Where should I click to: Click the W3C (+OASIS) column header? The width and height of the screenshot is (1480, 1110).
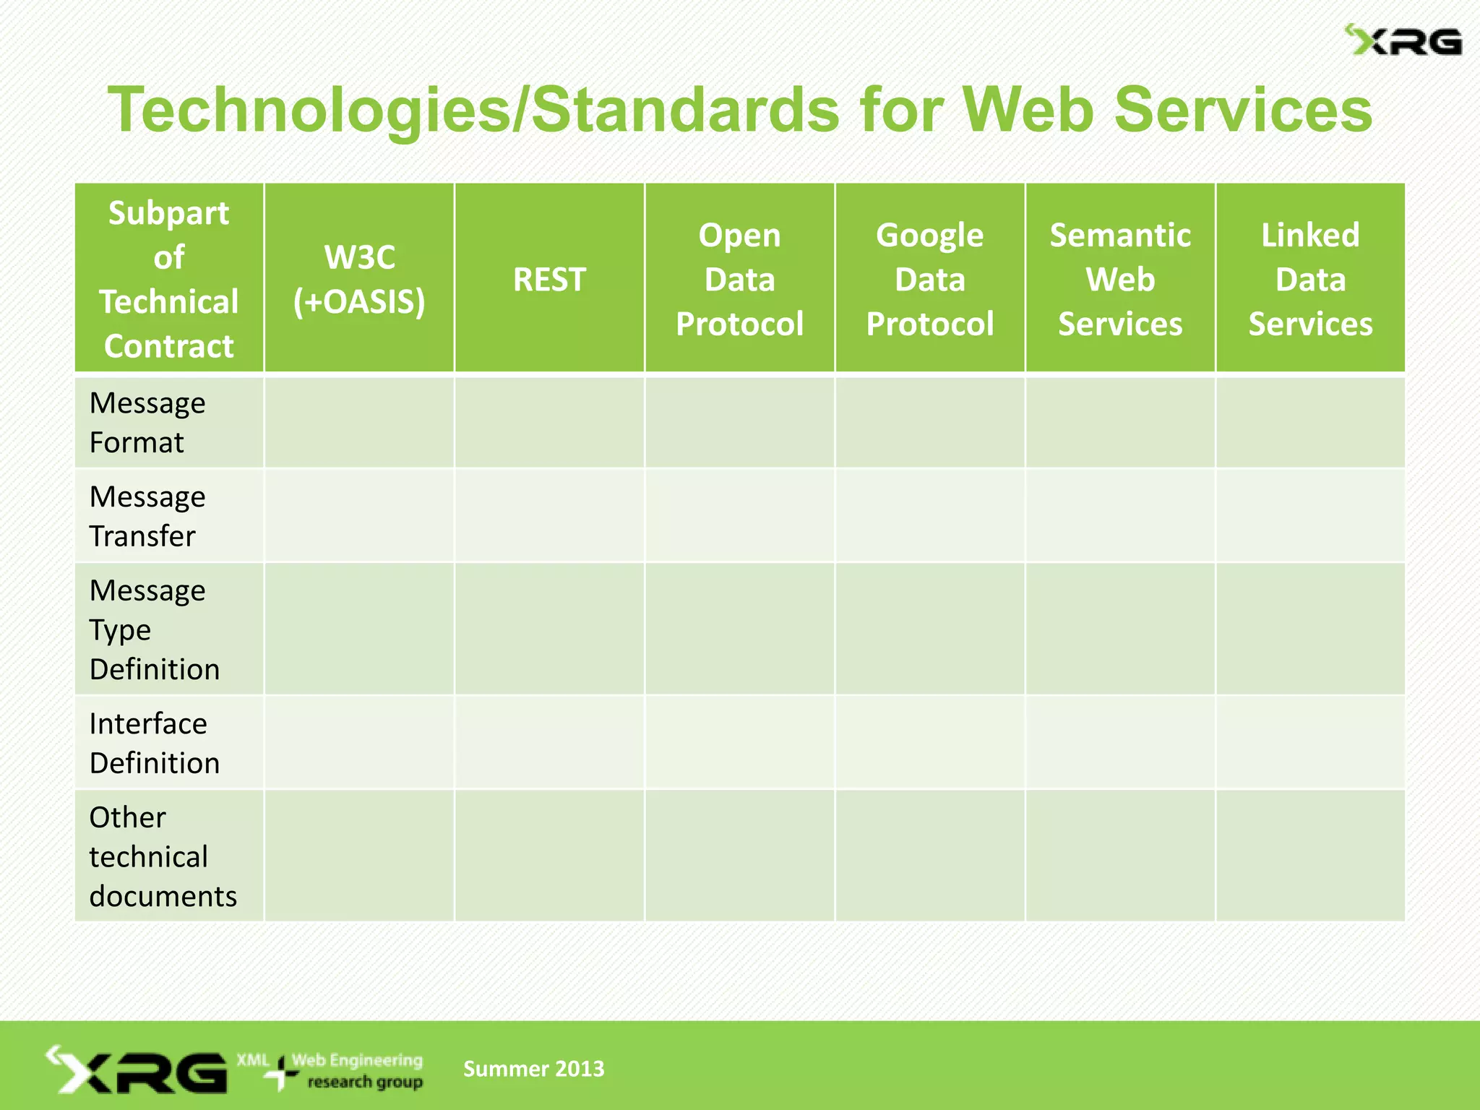(359, 279)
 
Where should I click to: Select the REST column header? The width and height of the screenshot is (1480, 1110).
(549, 279)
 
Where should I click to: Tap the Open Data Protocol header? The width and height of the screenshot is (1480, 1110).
(739, 279)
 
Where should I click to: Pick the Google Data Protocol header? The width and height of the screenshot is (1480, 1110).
(930, 279)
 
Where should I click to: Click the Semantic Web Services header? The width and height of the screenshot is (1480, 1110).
(1120, 279)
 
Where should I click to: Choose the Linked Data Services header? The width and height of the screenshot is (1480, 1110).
(1310, 279)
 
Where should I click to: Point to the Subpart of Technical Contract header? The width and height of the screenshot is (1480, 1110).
(169, 279)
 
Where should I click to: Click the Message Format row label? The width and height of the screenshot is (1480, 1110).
(147, 423)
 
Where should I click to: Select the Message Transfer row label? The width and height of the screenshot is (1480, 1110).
(147, 516)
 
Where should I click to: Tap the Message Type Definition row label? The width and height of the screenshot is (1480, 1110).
(154, 629)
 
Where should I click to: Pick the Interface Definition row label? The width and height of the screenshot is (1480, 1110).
(154, 743)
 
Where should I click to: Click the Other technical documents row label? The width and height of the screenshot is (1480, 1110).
(163, 856)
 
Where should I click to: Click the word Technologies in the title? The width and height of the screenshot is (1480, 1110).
(309, 110)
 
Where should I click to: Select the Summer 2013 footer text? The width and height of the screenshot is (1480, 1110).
(533, 1069)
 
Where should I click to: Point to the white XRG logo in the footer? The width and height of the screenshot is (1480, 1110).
(137, 1070)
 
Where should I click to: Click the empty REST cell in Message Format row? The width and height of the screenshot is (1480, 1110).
(549, 423)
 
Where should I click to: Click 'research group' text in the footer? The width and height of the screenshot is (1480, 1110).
(365, 1083)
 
